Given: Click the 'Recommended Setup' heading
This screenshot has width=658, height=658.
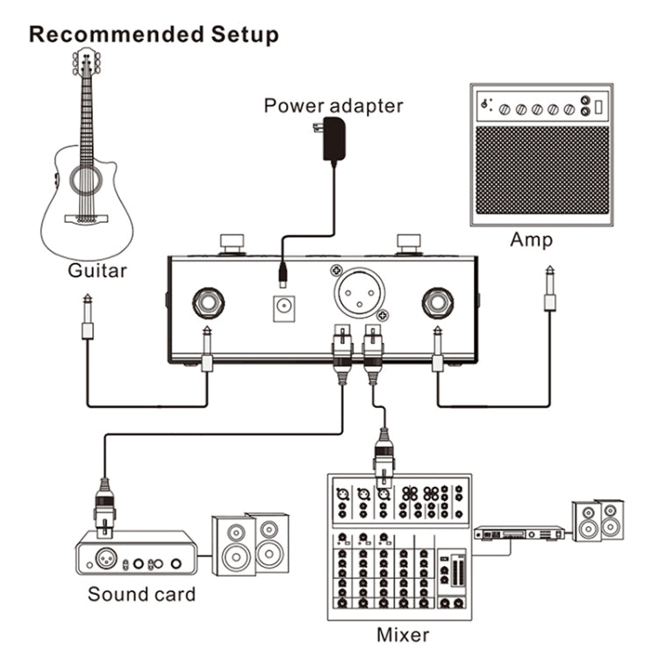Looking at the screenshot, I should point(154,35).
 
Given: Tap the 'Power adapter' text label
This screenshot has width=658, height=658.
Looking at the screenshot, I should point(333,106).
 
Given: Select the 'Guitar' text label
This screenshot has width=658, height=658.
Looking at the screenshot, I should point(97,271).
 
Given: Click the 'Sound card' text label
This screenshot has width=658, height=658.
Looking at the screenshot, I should point(141,594).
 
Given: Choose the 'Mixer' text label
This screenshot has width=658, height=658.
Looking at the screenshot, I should point(403,633).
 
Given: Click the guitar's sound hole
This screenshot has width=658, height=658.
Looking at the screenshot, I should point(87,182).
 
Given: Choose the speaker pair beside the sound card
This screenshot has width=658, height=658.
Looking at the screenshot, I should point(250,543).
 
